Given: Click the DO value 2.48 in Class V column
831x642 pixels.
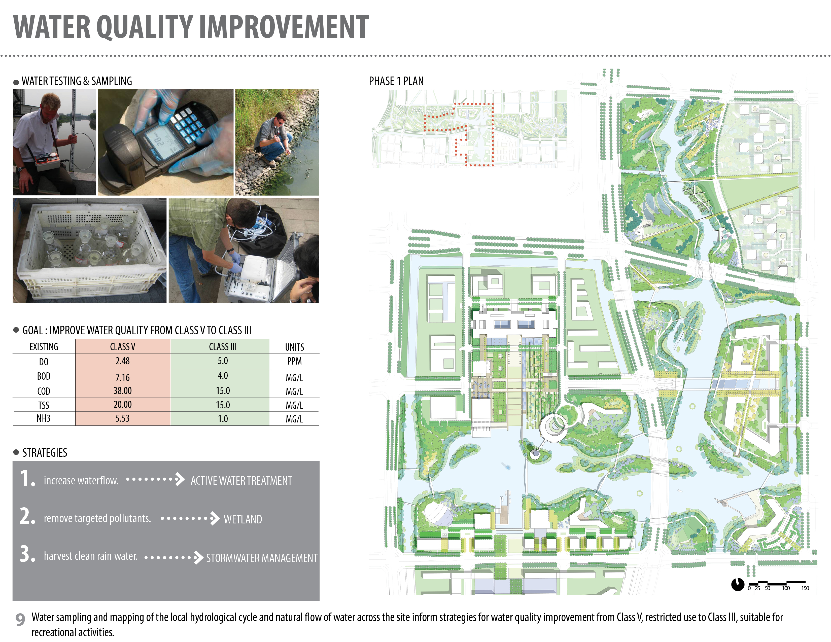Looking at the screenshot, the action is [123, 361].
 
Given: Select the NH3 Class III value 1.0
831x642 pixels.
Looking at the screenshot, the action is [223, 419].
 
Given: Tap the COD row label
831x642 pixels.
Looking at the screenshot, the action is [44, 391].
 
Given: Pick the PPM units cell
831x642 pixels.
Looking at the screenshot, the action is [295, 361].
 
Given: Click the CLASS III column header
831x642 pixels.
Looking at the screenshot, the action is [223, 347].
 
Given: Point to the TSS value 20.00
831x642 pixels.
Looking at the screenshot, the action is [123, 405].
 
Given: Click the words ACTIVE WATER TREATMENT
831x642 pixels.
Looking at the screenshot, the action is [241, 481].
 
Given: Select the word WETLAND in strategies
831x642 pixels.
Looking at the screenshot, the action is [243, 519].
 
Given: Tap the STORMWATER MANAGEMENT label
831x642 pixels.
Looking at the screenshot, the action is [262, 558].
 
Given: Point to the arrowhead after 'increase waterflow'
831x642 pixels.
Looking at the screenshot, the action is [180, 480].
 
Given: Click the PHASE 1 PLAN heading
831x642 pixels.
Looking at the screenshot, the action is [396, 81].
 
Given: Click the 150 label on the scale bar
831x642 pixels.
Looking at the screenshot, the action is [805, 588].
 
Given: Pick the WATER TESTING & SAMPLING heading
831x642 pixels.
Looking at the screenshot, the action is [77, 81].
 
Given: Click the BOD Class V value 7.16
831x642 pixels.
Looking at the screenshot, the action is [123, 377].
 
